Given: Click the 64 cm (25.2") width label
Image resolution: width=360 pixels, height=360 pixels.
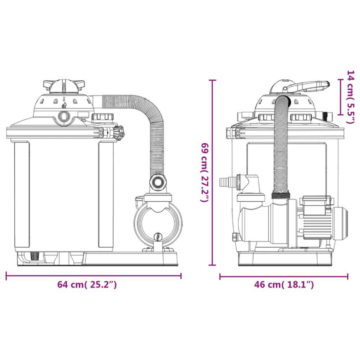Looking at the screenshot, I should [x=87, y=284].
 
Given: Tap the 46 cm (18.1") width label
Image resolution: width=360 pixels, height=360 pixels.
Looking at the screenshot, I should [x=284, y=284].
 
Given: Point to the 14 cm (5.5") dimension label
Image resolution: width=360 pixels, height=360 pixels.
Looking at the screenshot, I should [x=350, y=97].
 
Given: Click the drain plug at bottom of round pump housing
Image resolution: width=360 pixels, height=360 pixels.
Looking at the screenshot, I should [x=158, y=237].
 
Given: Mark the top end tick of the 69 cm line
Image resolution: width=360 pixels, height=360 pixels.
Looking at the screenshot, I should [x=212, y=80].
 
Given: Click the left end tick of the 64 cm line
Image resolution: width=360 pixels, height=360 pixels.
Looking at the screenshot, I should [x=6, y=275].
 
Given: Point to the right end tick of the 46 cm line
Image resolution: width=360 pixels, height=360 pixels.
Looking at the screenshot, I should [x=348, y=276].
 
